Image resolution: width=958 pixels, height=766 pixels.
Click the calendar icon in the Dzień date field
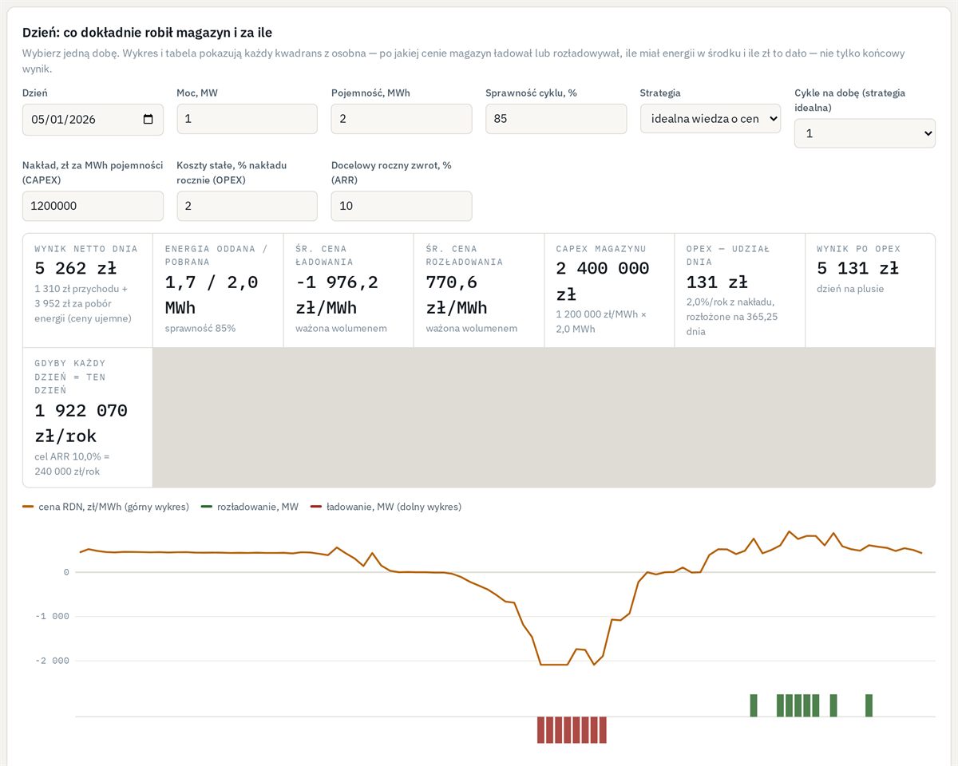[x=148, y=119]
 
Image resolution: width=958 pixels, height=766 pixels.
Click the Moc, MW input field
[x=247, y=119]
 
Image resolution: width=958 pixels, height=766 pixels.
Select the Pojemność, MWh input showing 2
[x=402, y=119]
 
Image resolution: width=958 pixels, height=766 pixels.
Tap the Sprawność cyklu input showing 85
[x=556, y=119]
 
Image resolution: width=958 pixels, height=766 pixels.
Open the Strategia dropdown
[x=711, y=119]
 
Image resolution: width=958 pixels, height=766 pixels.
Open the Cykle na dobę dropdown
[x=865, y=133]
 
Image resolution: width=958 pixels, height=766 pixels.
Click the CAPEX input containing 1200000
[x=93, y=206]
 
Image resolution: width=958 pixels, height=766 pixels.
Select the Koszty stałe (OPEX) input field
[x=247, y=206]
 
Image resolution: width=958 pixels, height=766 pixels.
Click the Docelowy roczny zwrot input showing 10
[x=402, y=206]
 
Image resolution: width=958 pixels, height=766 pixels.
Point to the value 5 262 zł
[x=75, y=268]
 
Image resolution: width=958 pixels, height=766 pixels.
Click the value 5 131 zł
[x=858, y=268]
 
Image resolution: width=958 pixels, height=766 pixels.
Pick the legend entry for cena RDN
[x=106, y=507]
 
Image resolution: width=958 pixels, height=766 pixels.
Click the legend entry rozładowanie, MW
[x=250, y=507]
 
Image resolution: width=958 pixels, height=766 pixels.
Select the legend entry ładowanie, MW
[x=386, y=507]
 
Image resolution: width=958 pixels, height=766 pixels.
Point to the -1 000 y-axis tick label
[x=53, y=616]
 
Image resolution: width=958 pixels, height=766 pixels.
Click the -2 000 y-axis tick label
[x=53, y=661]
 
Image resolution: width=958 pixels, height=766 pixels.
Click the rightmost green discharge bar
[x=869, y=705]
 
